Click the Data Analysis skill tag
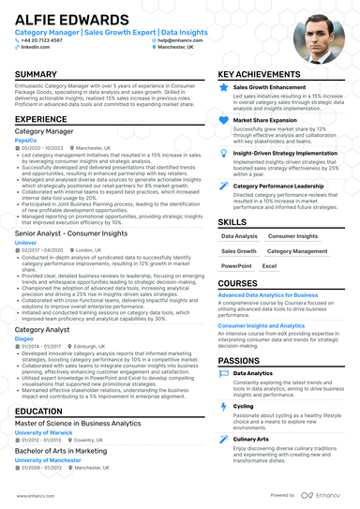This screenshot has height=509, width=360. pyautogui.click(x=239, y=236)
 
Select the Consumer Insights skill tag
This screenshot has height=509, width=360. pyautogui.click(x=292, y=236)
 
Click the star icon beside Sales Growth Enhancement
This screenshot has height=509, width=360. pyautogui.click(x=223, y=87)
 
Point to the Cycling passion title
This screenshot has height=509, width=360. pyautogui.click(x=243, y=406)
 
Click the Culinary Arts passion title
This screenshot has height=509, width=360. pyautogui.click(x=250, y=439)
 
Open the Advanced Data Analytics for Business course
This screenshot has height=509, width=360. pyautogui.click(x=267, y=294)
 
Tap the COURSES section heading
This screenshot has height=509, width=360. pyautogui.click(x=237, y=282)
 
